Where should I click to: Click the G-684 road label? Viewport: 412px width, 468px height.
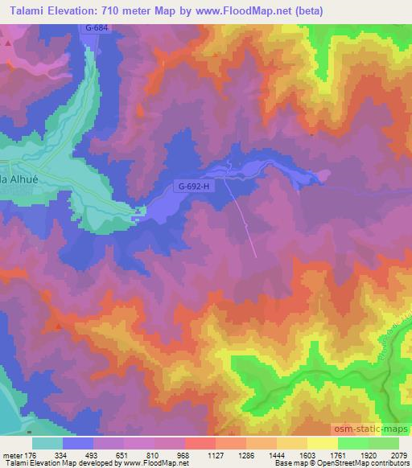(96, 28)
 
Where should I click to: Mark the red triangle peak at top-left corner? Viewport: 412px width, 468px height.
(8, 41)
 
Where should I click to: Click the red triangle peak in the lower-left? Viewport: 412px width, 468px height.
(58, 326)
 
